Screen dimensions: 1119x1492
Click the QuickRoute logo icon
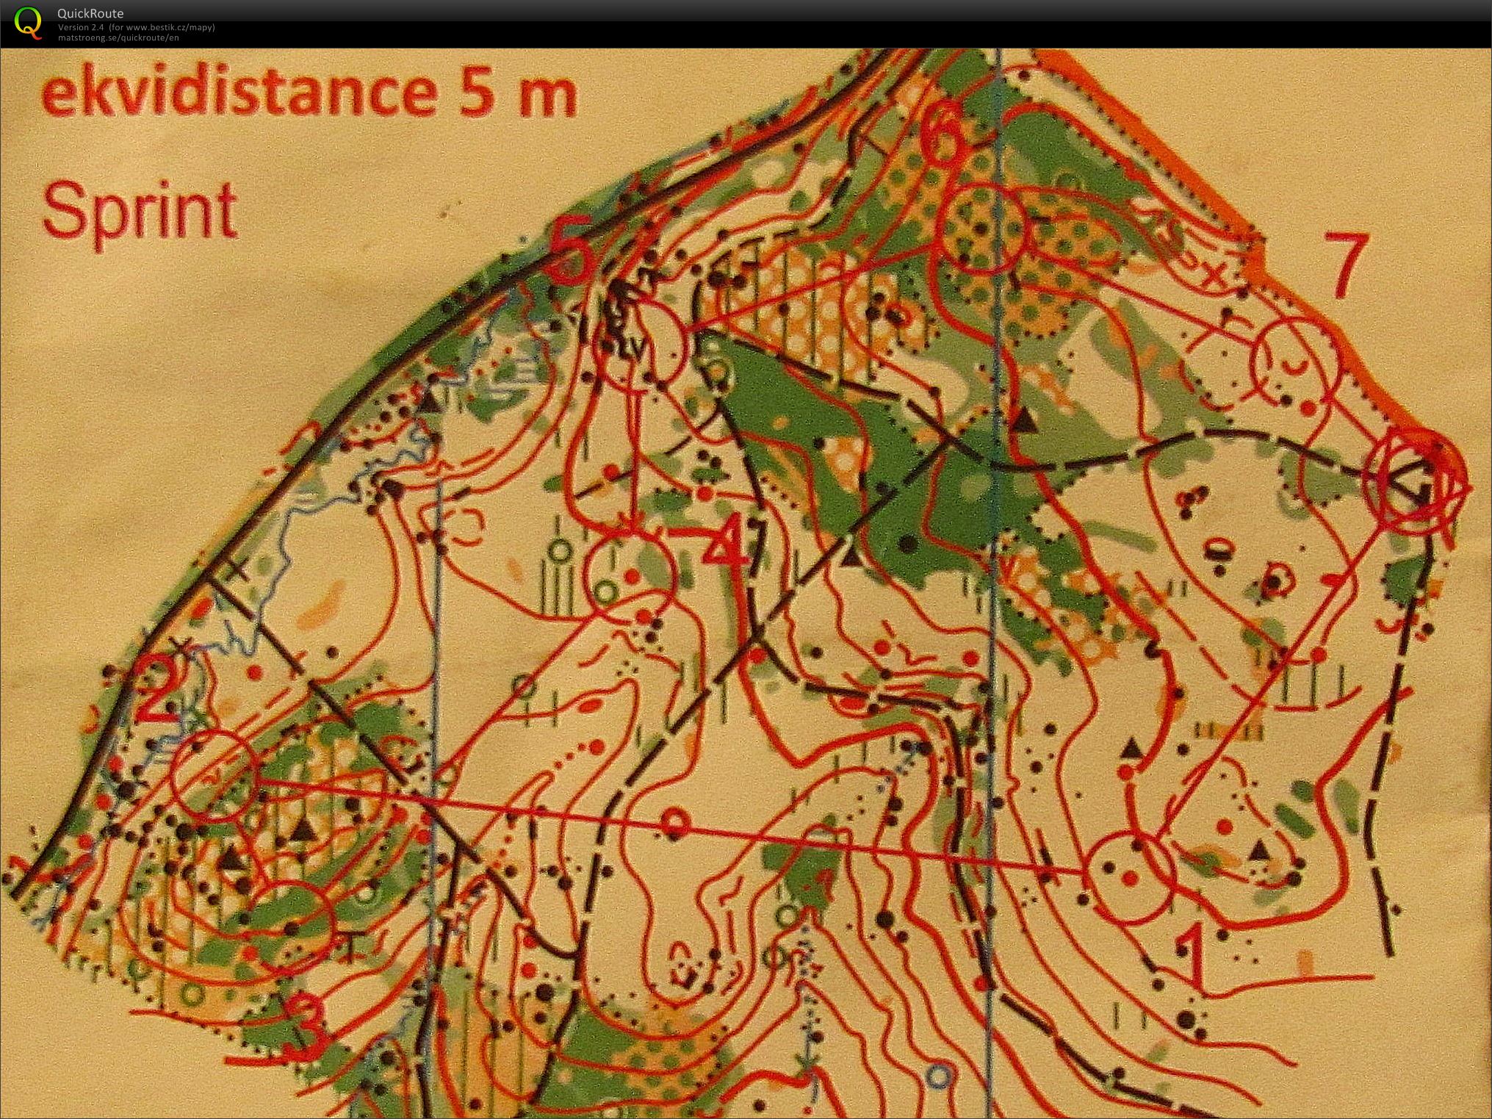[28, 22]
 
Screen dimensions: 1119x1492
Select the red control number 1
[1191, 955]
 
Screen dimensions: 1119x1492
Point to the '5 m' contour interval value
[518, 95]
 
